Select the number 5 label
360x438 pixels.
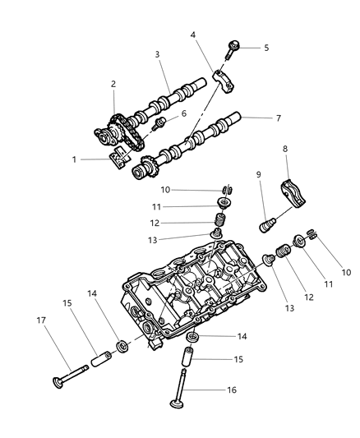[265, 48]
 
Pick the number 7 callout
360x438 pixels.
[278, 118]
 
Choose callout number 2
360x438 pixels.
[113, 84]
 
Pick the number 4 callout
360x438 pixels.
[192, 35]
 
